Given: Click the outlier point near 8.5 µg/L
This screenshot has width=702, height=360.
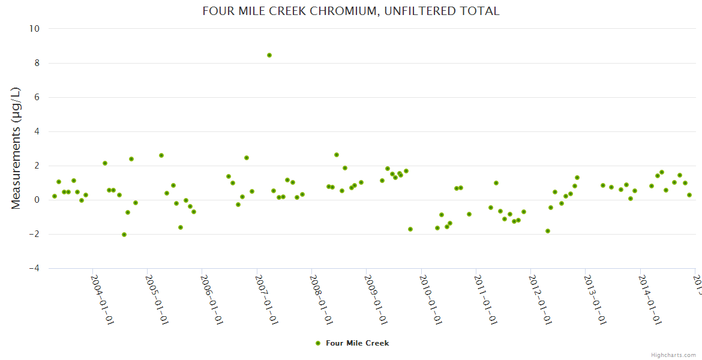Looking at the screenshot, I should click(x=269, y=55).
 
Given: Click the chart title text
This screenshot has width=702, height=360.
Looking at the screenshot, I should click(x=351, y=11).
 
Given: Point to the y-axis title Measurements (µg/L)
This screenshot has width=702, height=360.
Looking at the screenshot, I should click(x=16, y=148).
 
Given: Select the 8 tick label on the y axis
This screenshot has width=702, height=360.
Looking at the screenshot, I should click(x=37, y=63).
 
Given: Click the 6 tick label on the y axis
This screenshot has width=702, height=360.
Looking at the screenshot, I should click(x=37, y=97).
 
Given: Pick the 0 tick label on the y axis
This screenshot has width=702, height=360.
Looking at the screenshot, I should click(x=37, y=200).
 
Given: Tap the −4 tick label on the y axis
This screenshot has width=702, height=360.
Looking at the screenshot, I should click(x=34, y=268).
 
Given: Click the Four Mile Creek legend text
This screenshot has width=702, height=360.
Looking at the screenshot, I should click(x=357, y=343).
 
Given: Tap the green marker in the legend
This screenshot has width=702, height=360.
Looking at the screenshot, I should click(x=318, y=343).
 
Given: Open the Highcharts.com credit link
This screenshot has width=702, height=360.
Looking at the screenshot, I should click(x=673, y=355).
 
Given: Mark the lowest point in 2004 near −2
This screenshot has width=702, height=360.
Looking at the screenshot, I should click(x=124, y=235).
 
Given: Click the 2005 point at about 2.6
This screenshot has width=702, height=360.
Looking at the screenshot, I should click(x=161, y=155).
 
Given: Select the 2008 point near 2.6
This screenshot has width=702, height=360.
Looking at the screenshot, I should click(x=337, y=155).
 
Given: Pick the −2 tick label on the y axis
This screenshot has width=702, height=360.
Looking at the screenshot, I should click(x=34, y=234).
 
